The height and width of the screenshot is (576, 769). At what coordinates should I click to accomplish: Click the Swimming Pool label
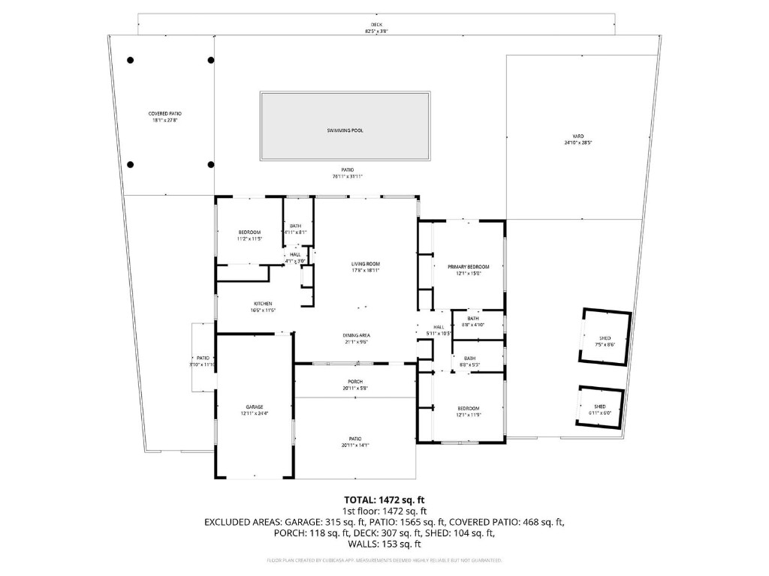345,130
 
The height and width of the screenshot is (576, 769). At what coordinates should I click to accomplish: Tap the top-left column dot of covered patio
130,60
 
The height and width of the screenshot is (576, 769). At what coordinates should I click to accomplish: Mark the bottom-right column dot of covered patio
210,164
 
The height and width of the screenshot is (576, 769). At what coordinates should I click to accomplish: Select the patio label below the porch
355,441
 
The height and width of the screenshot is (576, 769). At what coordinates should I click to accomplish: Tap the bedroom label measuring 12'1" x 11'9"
468,410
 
